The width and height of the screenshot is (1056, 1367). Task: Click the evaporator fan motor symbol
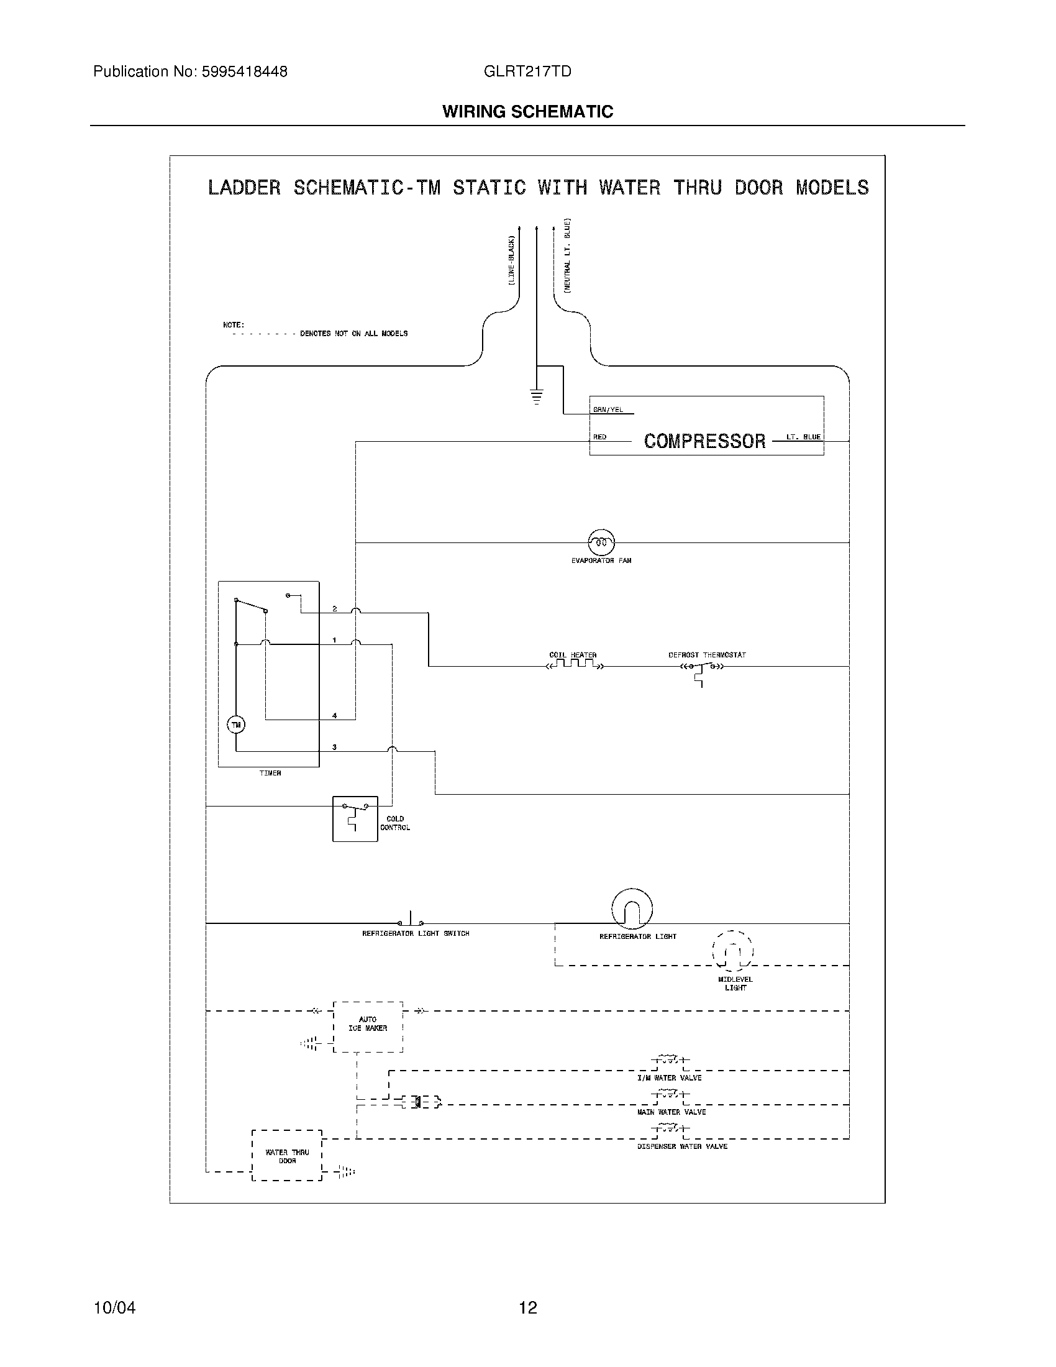coord(601,542)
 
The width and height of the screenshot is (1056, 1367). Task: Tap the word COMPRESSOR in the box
coord(704,441)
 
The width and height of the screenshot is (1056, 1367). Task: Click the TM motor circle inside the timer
coord(236,725)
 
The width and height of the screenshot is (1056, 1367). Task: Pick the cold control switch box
coord(355,819)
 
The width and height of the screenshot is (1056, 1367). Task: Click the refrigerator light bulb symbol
coord(632,909)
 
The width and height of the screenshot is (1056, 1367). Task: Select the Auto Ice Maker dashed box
coord(368,1027)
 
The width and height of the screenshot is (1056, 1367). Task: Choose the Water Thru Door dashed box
coord(286,1156)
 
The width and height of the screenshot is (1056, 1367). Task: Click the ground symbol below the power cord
coord(536,397)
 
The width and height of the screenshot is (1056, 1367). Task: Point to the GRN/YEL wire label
coord(608,410)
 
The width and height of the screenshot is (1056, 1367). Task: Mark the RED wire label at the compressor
coord(599,437)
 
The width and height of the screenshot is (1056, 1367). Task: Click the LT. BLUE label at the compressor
coord(803,437)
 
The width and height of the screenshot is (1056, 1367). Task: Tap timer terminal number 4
coord(335,715)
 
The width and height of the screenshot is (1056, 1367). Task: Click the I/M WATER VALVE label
coord(669,1078)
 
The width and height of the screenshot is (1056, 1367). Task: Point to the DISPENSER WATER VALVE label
coord(682,1146)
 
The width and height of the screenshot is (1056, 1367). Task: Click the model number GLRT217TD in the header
coord(527,72)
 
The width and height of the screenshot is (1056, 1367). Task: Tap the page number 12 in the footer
coord(528,1307)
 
